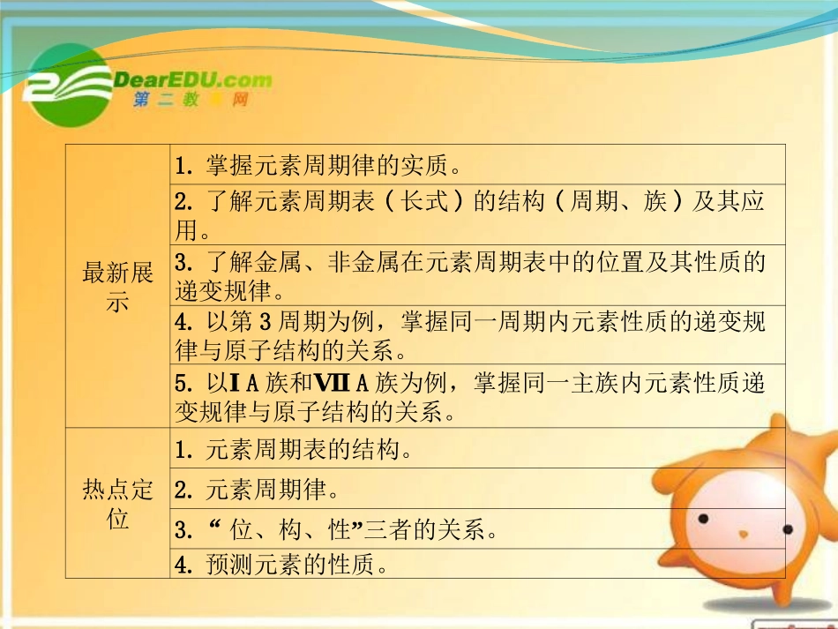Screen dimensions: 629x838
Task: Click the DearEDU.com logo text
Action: click(x=193, y=79)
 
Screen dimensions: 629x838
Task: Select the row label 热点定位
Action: click(x=117, y=504)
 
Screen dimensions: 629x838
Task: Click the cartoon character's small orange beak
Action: click(x=744, y=535)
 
